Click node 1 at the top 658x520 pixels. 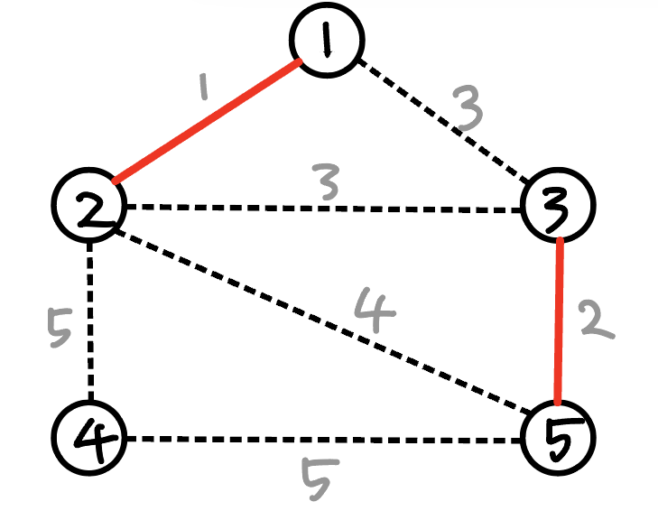click(x=327, y=40)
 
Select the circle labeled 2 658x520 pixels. click(x=88, y=206)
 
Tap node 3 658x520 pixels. click(x=560, y=206)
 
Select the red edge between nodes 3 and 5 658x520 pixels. click(x=561, y=320)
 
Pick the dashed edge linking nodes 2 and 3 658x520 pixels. click(x=325, y=209)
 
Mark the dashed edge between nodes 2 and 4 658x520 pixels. click(x=89, y=320)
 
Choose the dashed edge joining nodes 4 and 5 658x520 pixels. click(x=325, y=440)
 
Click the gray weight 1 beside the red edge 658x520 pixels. click(x=204, y=88)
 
